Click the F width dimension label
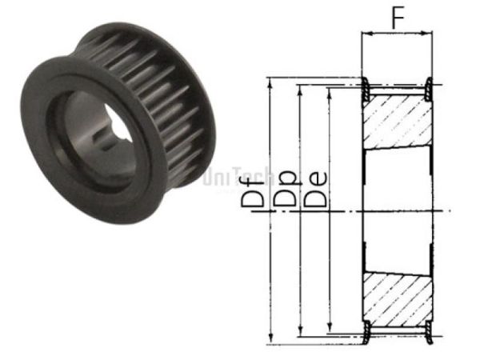pos(398,18)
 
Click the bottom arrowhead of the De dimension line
pos(330,327)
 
